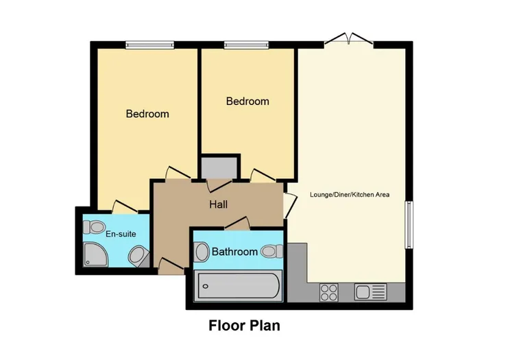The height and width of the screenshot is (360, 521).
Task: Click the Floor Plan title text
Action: click(x=244, y=326)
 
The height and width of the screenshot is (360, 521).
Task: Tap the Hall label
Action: click(x=218, y=204)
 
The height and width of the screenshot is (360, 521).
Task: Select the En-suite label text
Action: click(x=120, y=234)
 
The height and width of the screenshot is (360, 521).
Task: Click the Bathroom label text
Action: click(x=234, y=252)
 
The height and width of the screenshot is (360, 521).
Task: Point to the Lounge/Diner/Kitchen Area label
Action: click(x=350, y=195)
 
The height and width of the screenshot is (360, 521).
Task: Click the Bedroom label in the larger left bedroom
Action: click(x=147, y=114)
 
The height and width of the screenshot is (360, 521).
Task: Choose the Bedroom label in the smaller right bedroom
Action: click(x=247, y=101)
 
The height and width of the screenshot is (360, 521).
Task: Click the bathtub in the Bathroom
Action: click(x=238, y=285)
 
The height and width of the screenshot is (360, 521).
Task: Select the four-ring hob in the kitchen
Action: click(x=328, y=292)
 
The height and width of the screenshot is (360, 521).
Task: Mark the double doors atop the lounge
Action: click(x=349, y=40)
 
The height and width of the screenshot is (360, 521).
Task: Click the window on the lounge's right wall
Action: click(x=409, y=225)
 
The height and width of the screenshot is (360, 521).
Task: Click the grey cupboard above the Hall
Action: click(x=219, y=167)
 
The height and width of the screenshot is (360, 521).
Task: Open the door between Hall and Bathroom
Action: click(x=237, y=222)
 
